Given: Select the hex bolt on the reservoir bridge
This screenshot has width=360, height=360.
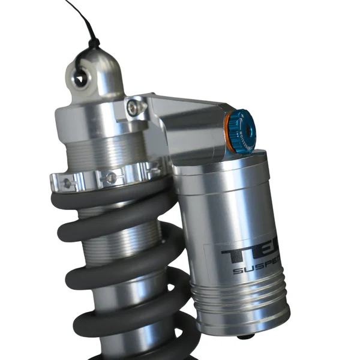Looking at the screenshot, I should click(134, 107).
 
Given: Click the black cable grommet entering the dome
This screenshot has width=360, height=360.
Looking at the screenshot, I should click(94, 44).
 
